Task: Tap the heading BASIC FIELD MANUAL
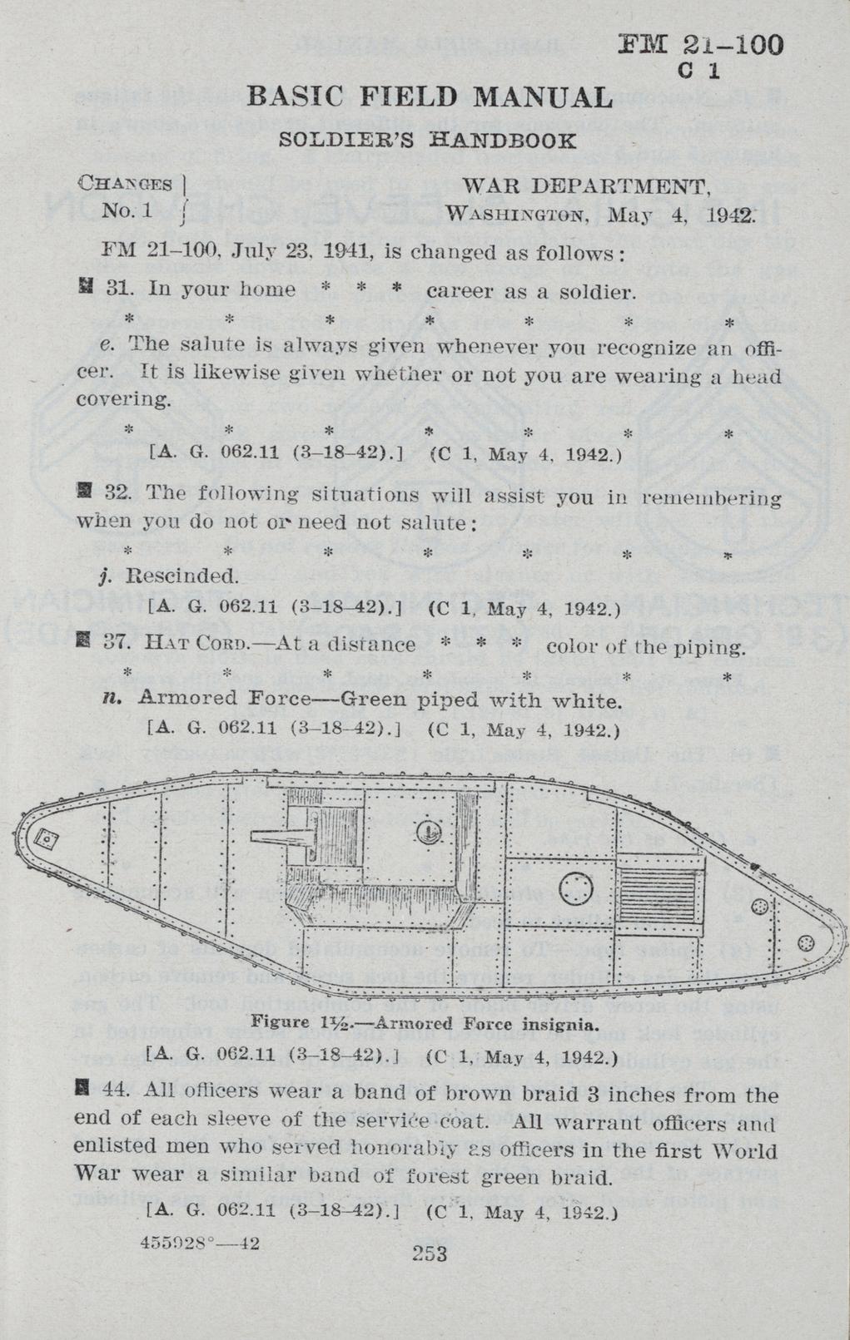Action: pyautogui.click(x=430, y=97)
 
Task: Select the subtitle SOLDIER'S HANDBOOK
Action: pyautogui.click(x=427, y=140)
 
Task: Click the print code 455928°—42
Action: pyautogui.click(x=201, y=1243)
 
